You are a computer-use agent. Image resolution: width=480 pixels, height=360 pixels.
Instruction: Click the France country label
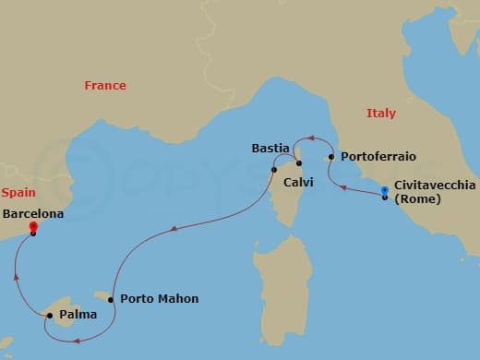(104, 86)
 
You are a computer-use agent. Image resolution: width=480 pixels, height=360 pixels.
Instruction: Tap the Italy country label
(380, 113)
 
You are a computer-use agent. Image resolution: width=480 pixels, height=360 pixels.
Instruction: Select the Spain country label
(18, 193)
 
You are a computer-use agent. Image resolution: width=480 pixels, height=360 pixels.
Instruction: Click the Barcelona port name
(35, 212)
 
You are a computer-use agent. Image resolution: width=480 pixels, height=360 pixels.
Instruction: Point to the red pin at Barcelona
(32, 227)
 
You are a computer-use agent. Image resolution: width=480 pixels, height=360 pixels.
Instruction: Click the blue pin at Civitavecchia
(385, 192)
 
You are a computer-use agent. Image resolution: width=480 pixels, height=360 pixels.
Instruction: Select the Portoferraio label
(376, 158)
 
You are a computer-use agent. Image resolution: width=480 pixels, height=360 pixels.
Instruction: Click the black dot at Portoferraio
(330, 158)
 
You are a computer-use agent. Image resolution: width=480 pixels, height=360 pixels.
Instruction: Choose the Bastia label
(271, 148)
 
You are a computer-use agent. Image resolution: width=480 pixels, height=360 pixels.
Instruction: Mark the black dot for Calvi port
(275, 170)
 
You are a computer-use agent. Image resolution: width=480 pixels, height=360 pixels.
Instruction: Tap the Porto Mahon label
(159, 299)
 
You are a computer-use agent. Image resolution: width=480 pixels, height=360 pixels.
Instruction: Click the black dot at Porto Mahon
(111, 299)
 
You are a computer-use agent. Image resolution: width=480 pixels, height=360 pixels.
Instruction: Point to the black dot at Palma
(49, 316)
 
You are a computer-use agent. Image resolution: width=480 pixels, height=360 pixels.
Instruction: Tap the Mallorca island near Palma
(65, 305)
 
